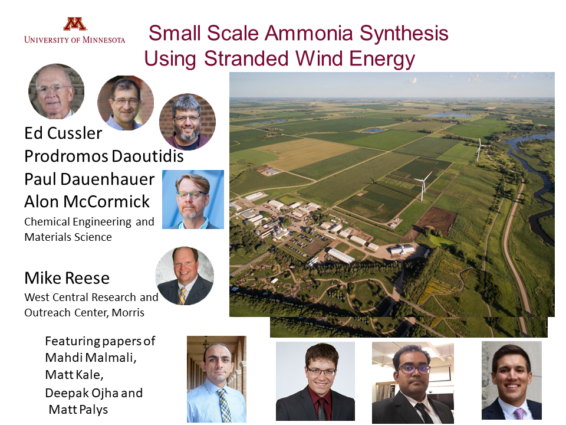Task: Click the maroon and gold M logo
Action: coord(75,24)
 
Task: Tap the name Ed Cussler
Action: coord(63,133)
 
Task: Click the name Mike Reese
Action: coord(67,278)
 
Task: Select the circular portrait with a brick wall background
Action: coord(187,121)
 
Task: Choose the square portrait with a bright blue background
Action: coord(193,200)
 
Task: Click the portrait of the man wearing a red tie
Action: coord(315,381)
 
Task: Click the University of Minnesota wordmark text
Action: coord(75,40)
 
